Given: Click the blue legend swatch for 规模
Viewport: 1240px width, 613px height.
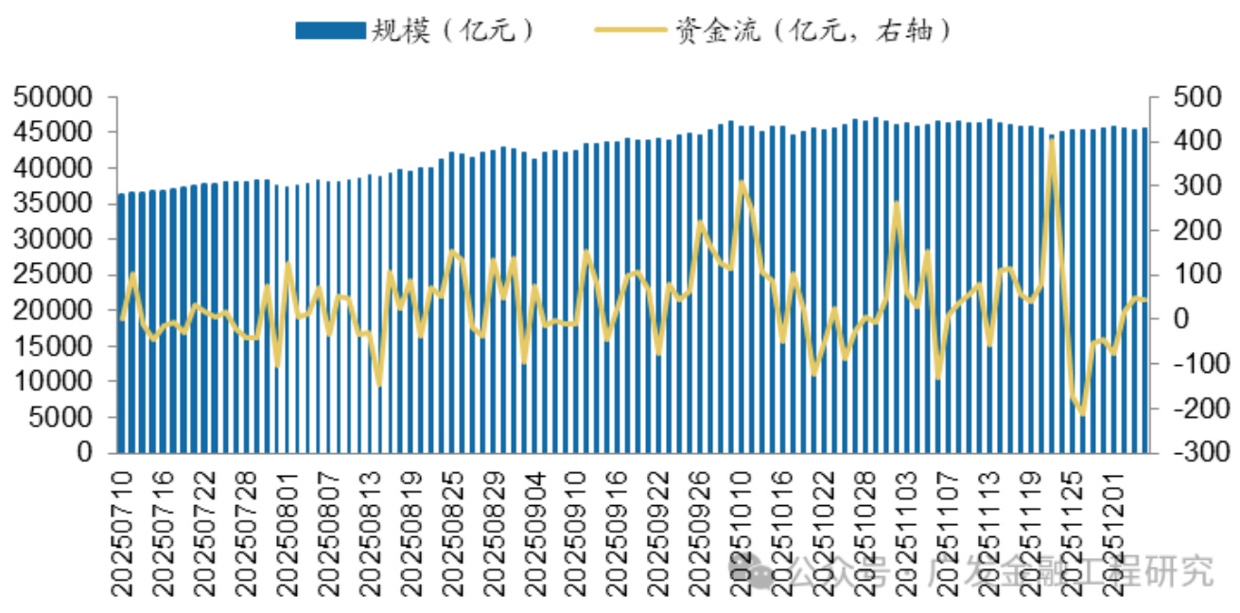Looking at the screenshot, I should tap(329, 30).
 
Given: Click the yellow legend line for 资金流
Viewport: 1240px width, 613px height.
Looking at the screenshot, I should tap(630, 30).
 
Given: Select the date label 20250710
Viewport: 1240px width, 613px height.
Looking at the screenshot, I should tap(122, 530).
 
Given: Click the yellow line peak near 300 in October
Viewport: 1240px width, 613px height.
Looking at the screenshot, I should tap(742, 183).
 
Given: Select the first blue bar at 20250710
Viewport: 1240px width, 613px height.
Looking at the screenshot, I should tap(121, 322).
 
